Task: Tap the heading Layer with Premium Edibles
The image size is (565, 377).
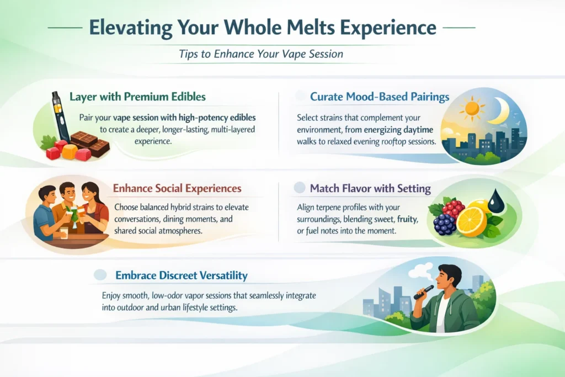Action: (x=137, y=97)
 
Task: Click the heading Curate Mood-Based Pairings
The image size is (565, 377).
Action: (x=380, y=97)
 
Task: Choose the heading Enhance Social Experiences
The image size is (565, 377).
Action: (x=177, y=188)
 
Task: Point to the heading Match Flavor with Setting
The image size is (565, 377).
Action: (x=370, y=188)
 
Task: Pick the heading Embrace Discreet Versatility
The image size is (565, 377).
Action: (x=181, y=275)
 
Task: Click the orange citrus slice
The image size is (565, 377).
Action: (x=472, y=221)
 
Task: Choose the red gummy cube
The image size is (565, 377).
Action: (x=54, y=153)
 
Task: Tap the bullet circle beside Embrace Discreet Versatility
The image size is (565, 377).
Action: (x=100, y=275)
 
